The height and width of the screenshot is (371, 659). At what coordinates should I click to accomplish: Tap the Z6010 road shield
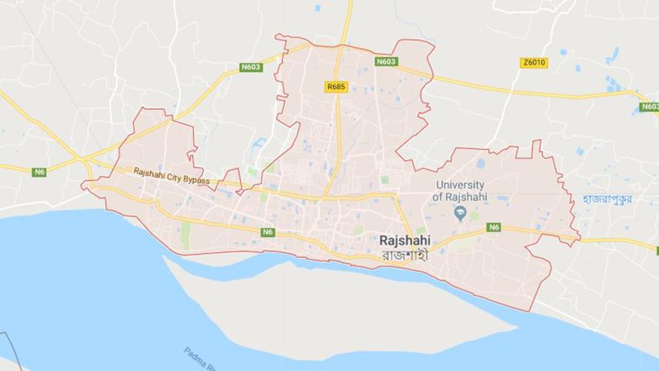pyautogui.click(x=534, y=62)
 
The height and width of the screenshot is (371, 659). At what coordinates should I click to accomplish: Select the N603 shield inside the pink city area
pyautogui.click(x=386, y=61)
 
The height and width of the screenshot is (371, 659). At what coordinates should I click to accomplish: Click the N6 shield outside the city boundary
pyautogui.click(x=39, y=172)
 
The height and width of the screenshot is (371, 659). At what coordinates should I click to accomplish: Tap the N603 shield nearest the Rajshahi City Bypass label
pyautogui.click(x=251, y=67)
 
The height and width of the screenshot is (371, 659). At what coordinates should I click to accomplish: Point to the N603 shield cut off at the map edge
pyautogui.click(x=649, y=107)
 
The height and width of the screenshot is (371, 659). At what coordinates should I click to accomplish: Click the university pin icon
pyautogui.click(x=461, y=214)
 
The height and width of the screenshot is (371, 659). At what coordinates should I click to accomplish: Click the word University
pyautogui.click(x=460, y=185)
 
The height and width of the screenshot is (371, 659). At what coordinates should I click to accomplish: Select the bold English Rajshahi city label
pyautogui.click(x=404, y=240)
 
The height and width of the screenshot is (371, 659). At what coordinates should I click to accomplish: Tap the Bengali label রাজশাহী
pyautogui.click(x=404, y=254)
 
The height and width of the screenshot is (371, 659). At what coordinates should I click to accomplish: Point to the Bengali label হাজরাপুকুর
pyautogui.click(x=607, y=199)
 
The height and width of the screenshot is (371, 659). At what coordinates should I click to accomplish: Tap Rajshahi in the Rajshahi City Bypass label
pyautogui.click(x=149, y=172)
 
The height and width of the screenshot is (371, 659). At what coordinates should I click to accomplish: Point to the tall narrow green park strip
pyautogui.click(x=185, y=236)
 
